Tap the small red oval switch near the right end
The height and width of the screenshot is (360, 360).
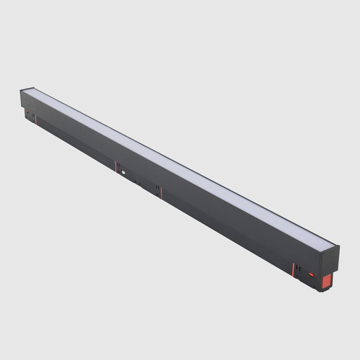coord(312,274)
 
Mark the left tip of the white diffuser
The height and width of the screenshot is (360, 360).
coord(29,91)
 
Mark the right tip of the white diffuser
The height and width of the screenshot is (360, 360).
coord(333,245)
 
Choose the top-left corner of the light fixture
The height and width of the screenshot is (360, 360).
coord(21,89)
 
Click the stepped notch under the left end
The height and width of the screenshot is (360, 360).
coord(27,115)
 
